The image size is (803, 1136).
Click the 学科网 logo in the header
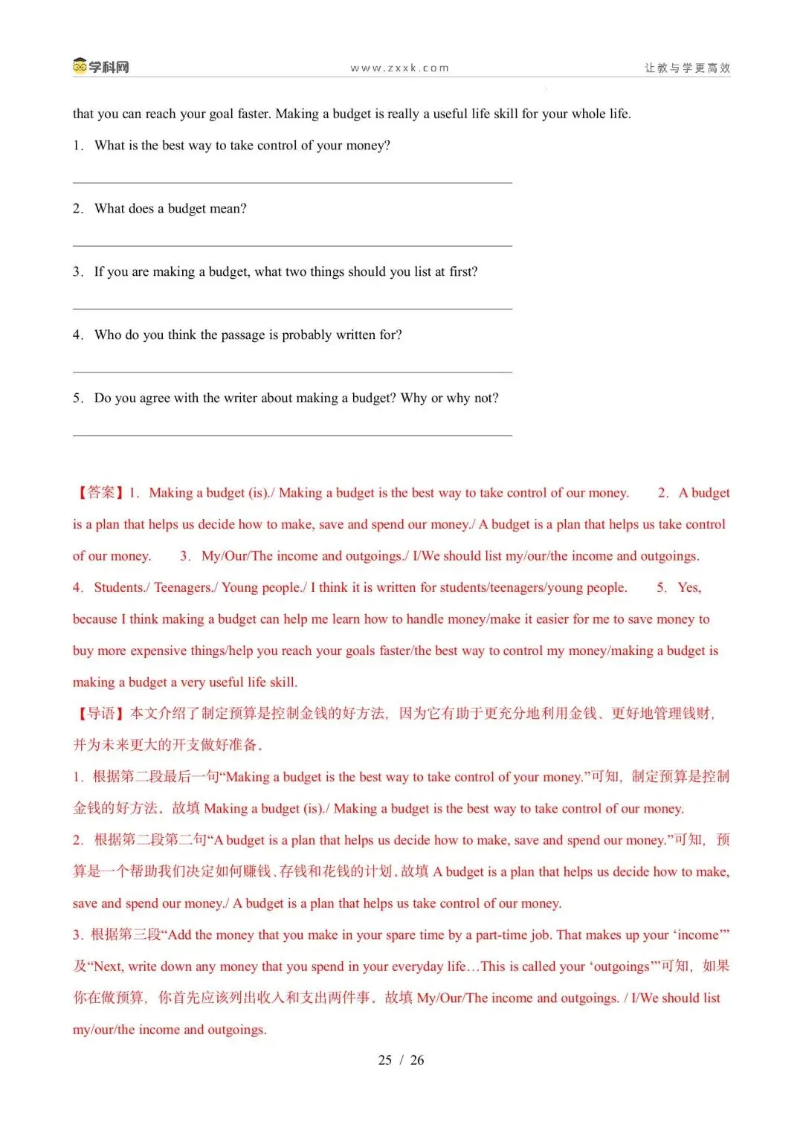(101, 67)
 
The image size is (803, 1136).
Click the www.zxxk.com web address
(400, 68)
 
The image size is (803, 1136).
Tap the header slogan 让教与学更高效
(687, 68)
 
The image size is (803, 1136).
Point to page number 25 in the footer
(385, 1060)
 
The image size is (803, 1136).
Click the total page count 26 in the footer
(417, 1060)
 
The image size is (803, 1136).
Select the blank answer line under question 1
(292, 181)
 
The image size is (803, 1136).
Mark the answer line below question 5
(292, 434)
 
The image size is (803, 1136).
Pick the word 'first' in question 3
(462, 272)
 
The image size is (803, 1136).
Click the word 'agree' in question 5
(155, 398)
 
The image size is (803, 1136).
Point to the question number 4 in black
(77, 335)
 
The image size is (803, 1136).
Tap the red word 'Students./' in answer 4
(122, 587)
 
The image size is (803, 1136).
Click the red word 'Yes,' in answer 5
(689, 587)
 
